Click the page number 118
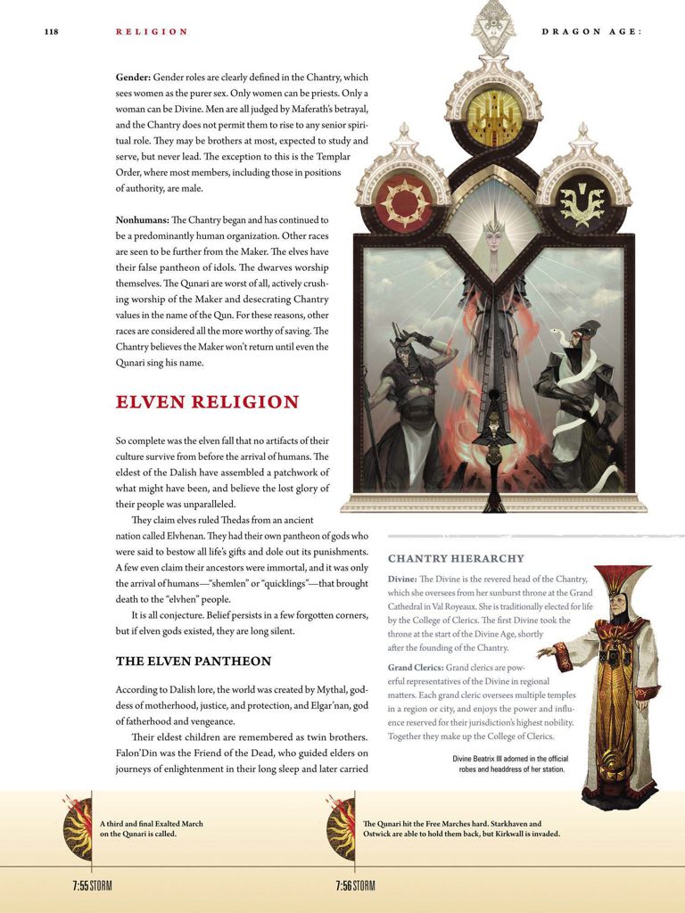[51, 32]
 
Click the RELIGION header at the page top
[152, 32]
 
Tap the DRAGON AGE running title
[591, 32]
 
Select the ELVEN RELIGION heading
[207, 402]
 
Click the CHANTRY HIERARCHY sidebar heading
[456, 559]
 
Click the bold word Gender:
[133, 78]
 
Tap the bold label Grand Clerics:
[415, 667]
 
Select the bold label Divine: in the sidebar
[402, 580]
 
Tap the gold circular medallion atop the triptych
[493, 113]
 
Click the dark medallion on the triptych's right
[582, 202]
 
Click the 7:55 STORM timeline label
[93, 886]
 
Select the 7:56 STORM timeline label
[355, 886]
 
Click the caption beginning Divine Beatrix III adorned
[509, 763]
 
